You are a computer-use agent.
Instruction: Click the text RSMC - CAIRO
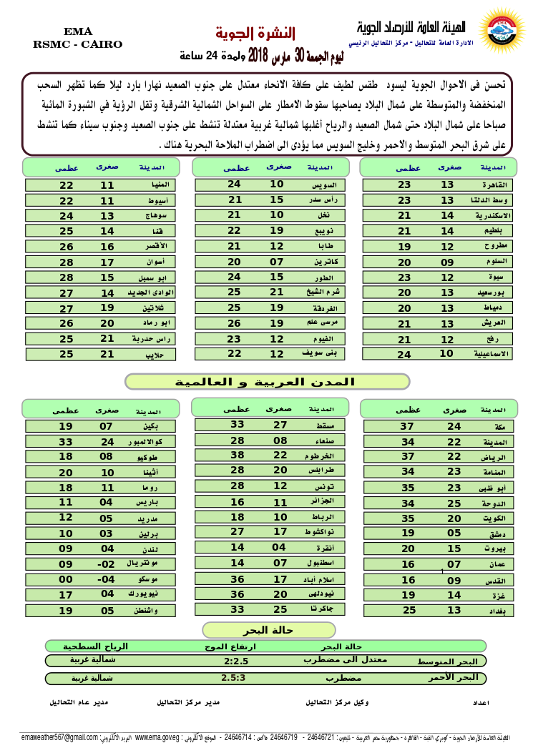click(x=77, y=44)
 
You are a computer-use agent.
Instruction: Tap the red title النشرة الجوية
click(x=255, y=32)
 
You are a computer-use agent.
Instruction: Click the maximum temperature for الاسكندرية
click(x=404, y=215)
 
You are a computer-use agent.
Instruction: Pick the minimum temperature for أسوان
click(x=107, y=262)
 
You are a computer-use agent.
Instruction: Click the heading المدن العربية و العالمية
click(x=267, y=382)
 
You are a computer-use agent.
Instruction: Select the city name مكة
click(x=500, y=427)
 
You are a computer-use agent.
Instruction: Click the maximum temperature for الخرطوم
click(x=237, y=455)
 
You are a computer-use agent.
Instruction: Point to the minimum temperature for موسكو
click(x=107, y=579)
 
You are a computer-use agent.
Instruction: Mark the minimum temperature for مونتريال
click(x=107, y=563)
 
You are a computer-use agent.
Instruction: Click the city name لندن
click(x=149, y=549)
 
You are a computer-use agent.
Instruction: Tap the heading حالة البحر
click(x=249, y=630)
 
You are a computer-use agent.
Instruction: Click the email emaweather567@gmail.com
click(x=59, y=737)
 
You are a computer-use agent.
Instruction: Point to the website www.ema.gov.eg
click(x=157, y=737)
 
